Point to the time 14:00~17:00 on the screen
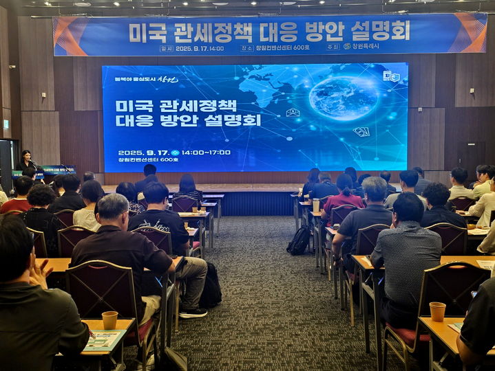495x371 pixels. click(x=206, y=153)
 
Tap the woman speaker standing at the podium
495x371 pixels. click(x=27, y=163)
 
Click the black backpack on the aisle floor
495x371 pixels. click(x=299, y=240)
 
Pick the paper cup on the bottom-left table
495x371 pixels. click(x=109, y=320)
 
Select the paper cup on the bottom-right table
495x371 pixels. click(x=437, y=311)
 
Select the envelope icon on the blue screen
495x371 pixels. click(x=293, y=113)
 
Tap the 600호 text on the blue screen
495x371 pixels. click(x=169, y=159)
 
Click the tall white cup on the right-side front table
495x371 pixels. click(x=316, y=205)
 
